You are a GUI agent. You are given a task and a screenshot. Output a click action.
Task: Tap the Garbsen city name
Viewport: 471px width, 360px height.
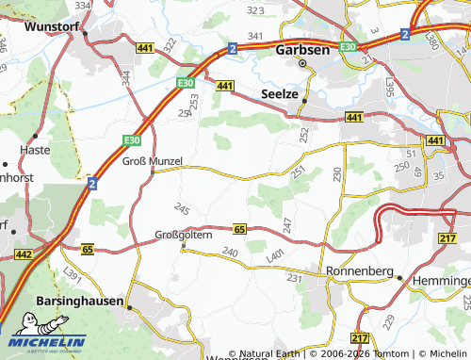coord(302,51)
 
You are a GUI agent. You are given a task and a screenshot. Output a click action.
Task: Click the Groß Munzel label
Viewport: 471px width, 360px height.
coord(152,161)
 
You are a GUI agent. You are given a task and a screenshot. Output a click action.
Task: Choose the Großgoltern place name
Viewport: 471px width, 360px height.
coord(185,236)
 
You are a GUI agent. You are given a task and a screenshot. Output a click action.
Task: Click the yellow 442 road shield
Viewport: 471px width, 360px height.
coord(24,254)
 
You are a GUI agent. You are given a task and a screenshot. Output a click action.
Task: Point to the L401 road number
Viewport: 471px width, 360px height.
coord(275,255)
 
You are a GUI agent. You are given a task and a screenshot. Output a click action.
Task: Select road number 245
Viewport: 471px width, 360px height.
coord(181,208)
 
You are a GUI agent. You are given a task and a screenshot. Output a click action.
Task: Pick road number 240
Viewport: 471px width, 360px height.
coord(230,252)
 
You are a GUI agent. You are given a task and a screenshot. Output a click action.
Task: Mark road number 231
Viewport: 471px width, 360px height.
coord(294,278)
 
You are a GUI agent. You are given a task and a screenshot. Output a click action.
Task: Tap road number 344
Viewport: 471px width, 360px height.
coord(125,75)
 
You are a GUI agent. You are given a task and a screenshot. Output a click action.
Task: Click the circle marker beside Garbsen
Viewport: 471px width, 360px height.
coord(302,64)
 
